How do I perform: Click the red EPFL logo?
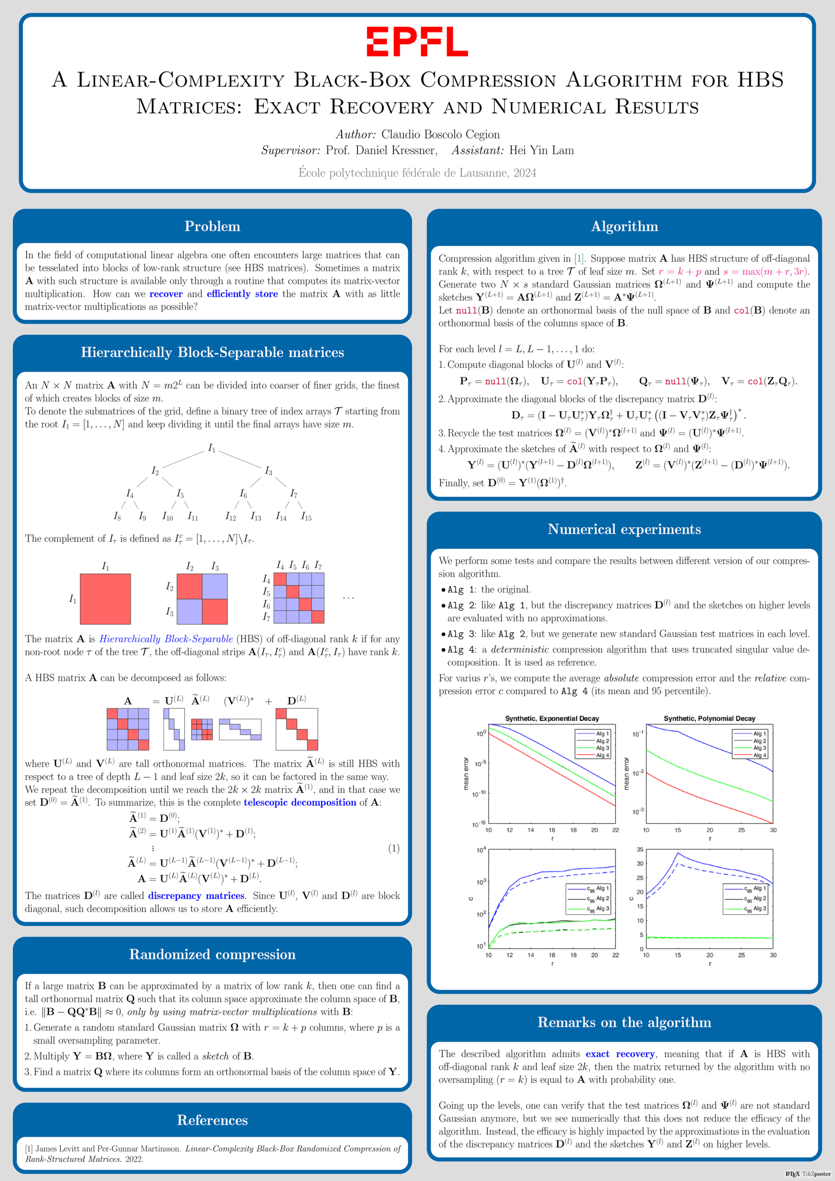(x=417, y=42)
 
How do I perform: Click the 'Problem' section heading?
(x=213, y=227)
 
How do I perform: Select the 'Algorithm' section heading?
(x=624, y=227)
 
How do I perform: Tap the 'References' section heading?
(x=213, y=1121)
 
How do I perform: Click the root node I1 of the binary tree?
(x=212, y=449)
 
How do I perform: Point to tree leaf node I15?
(x=306, y=516)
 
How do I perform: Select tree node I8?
(x=117, y=516)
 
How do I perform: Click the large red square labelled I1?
(x=106, y=599)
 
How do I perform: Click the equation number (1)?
(x=393, y=848)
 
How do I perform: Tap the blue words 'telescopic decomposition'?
(x=300, y=802)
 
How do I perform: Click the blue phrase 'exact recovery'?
(x=620, y=1054)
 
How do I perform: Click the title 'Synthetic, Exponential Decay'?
(x=552, y=718)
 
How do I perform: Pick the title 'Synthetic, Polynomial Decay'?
(x=709, y=718)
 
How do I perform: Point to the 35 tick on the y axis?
(x=640, y=850)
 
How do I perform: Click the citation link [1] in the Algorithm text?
(x=579, y=258)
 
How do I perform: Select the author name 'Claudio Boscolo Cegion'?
(x=440, y=134)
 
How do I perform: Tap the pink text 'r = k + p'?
(x=680, y=272)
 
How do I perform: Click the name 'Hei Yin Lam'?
(x=541, y=150)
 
